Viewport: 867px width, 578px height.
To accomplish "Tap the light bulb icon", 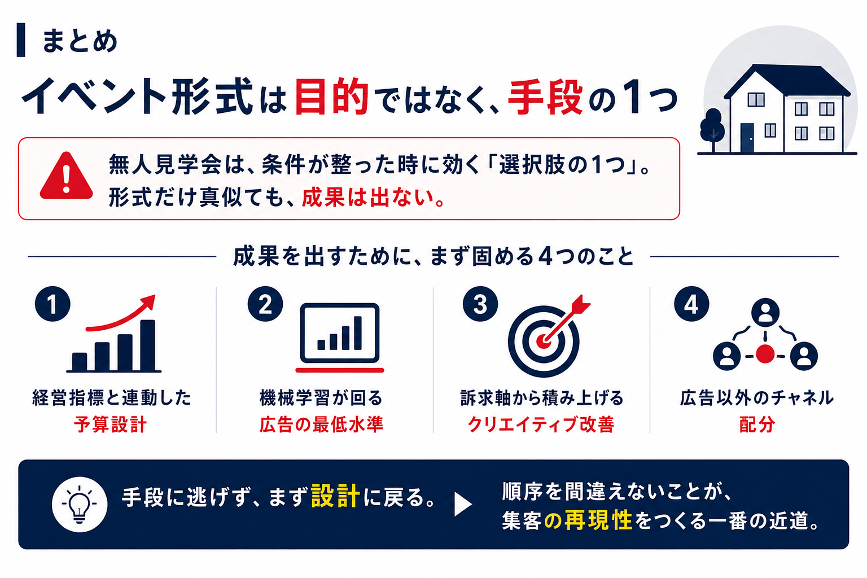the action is tap(80, 504).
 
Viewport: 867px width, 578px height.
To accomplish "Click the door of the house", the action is tap(747, 138).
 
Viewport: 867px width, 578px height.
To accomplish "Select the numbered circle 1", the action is tap(52, 304).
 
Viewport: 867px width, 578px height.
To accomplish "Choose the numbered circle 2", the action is tap(265, 304).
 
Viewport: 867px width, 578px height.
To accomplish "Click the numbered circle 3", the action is tap(480, 304).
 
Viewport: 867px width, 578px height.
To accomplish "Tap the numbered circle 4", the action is tap(691, 304).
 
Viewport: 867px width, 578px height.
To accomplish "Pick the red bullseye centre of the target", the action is tap(544, 341).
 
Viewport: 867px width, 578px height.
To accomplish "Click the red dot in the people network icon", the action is tap(765, 354).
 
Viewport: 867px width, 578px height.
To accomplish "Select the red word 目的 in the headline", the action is tap(332, 96).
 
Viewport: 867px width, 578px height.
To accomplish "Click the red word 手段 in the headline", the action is tap(545, 97).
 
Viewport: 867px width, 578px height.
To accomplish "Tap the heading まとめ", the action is tap(80, 41).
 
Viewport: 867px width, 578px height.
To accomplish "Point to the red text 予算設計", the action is tap(110, 424).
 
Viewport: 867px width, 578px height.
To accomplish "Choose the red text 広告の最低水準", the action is tap(321, 424).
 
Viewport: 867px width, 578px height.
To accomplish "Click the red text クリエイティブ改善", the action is tap(541, 424).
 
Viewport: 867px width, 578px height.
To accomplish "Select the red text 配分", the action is tap(757, 424).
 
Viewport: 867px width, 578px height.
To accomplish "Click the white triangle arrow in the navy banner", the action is tap(463, 505).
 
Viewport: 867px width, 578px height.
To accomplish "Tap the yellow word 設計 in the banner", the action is tap(336, 496).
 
